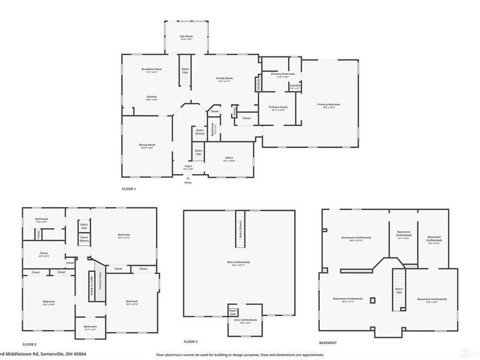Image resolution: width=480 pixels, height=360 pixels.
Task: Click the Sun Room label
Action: point(187,37)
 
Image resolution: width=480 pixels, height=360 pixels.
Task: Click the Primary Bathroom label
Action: point(280,74)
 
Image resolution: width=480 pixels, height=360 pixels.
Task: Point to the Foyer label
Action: point(188,166)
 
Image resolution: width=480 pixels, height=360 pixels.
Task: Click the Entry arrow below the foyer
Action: point(188,178)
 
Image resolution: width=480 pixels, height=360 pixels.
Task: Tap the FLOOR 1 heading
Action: point(129,190)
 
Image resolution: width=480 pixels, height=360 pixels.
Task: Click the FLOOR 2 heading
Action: point(30,345)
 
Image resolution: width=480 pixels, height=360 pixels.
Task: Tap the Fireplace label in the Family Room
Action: point(259,83)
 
